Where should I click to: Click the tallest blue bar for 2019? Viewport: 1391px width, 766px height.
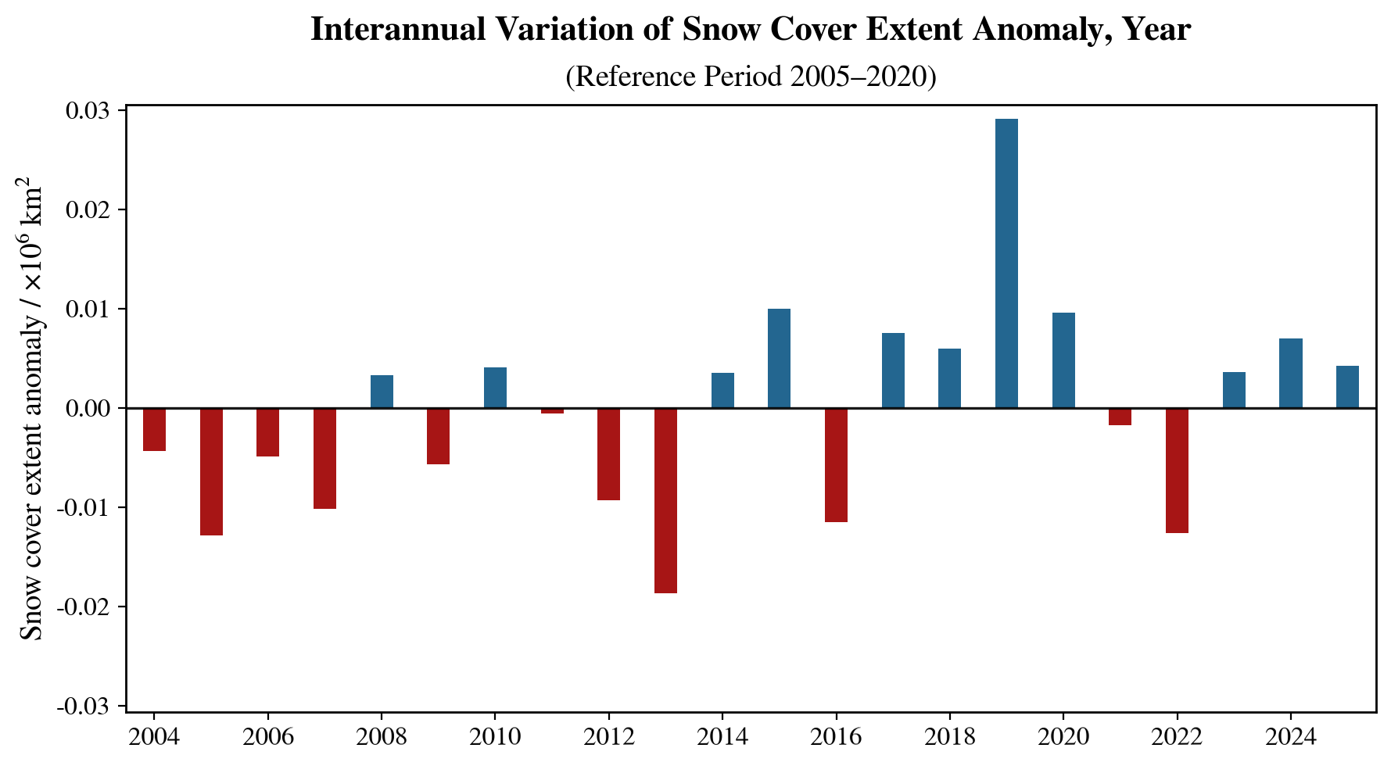click(1006, 263)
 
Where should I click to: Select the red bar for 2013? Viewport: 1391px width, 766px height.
click(665, 500)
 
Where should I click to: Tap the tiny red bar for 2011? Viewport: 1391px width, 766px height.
click(552, 410)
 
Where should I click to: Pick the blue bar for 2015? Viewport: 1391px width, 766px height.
click(779, 358)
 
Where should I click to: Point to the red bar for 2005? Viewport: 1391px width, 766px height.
click(211, 471)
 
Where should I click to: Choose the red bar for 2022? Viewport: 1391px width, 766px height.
click(1177, 470)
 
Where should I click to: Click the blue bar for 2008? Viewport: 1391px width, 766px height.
click(382, 392)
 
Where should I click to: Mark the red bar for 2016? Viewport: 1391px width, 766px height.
click(836, 464)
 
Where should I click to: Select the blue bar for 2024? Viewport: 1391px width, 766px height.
click(1290, 373)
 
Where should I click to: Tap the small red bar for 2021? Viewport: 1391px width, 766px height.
click(1120, 417)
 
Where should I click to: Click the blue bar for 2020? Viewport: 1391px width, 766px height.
click(1063, 360)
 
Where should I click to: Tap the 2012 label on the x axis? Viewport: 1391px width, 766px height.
click(608, 737)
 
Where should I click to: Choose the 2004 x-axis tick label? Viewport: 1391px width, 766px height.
click(154, 737)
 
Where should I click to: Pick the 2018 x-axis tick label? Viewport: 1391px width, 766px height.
click(949, 737)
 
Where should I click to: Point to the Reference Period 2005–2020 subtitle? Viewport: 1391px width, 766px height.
click(751, 77)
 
